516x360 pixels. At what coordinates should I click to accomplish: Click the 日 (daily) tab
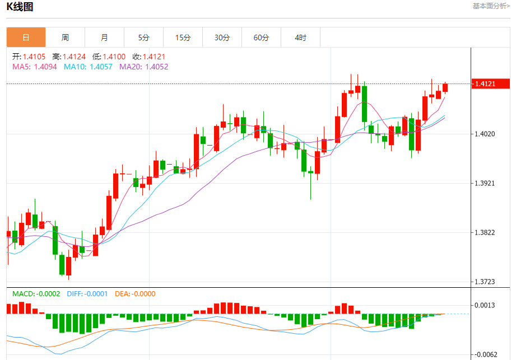coord(26,38)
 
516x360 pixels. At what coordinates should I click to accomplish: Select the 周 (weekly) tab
coord(65,38)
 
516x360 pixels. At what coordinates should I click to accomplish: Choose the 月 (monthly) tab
coord(104,38)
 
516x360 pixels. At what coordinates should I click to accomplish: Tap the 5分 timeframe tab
coord(144,38)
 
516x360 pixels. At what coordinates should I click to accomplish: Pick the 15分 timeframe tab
coord(183,38)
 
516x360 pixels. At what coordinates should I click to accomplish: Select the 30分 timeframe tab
coord(222,38)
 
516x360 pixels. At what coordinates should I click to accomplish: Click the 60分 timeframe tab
coord(261,38)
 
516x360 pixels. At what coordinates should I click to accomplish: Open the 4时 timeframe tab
coord(300,38)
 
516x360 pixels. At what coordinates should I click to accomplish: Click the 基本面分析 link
coord(491,6)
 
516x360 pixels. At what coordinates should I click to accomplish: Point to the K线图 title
coord(20,7)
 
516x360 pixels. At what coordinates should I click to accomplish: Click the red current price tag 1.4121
coord(491,84)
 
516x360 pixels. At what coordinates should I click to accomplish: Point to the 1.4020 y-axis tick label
coord(485,134)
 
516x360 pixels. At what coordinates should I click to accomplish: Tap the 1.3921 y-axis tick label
coord(485,184)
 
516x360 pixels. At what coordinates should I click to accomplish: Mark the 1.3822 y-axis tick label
coord(485,233)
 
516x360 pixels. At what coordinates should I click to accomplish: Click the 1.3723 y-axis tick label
coord(485,282)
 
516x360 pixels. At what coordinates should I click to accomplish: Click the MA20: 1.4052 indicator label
coord(143,67)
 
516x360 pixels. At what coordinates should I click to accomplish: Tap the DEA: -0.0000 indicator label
coord(135,294)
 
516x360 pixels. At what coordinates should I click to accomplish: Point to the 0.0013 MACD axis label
coord(485,305)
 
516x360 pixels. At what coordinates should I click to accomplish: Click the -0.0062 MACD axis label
coord(485,354)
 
